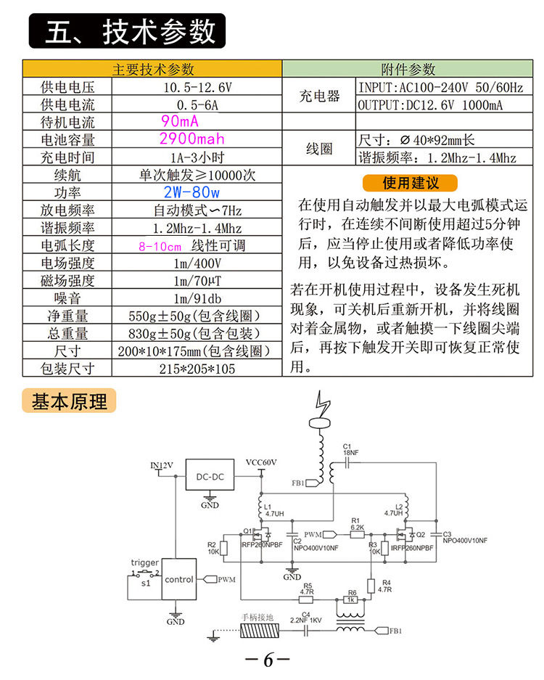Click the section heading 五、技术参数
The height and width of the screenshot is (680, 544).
tap(128, 32)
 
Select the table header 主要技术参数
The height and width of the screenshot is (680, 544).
tap(152, 70)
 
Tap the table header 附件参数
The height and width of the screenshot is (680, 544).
tap(408, 70)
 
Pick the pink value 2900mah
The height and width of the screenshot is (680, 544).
tap(191, 139)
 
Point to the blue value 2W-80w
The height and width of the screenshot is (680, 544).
tap(191, 192)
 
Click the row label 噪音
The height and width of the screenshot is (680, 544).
tap(69, 298)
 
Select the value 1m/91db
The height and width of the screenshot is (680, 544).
tap(197, 298)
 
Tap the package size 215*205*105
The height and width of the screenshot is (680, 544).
tap(197, 369)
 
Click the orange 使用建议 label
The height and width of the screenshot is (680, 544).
tap(410, 183)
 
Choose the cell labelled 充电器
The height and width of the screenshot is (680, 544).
tap(319, 97)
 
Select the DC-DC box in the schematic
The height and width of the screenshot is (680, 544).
tap(210, 477)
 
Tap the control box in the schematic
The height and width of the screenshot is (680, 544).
tap(178, 579)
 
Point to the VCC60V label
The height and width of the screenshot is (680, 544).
tap(261, 462)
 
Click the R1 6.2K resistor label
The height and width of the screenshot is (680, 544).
tap(356, 524)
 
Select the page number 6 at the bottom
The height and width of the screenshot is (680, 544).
tap(268, 660)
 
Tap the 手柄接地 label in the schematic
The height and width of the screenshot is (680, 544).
tap(257, 618)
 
